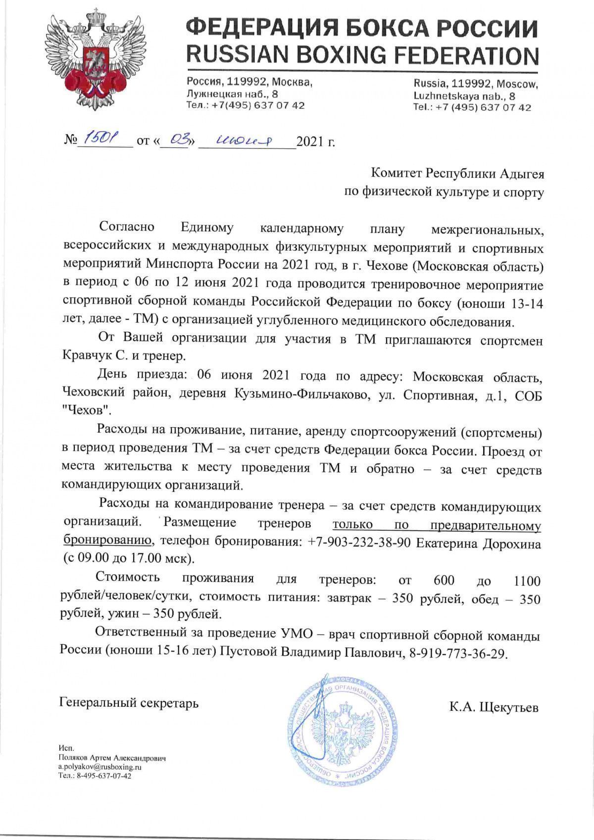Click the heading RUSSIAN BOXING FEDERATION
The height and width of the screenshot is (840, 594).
coord(362,54)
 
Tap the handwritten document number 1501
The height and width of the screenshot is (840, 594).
coord(99,141)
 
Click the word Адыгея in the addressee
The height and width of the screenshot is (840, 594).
coord(521,174)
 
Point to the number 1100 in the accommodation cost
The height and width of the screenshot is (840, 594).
coord(527,580)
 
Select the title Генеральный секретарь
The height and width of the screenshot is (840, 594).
coord(129,702)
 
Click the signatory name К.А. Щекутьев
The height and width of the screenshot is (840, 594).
coord(494,707)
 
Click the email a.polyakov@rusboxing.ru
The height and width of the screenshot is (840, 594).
coord(100,766)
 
